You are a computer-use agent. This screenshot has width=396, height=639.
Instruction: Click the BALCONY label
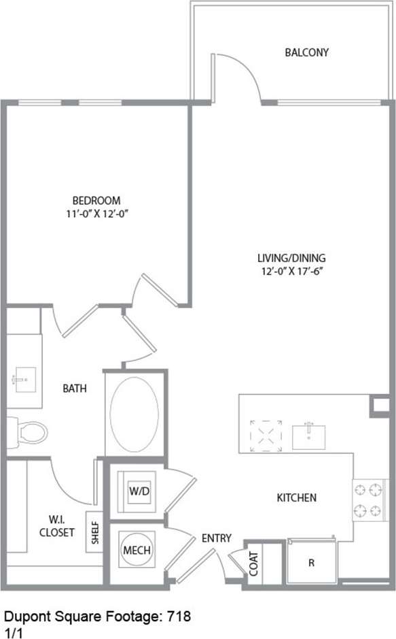point(307,52)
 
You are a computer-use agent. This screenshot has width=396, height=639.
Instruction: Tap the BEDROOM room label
point(96,200)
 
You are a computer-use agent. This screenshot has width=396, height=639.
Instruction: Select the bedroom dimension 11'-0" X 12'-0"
point(96,213)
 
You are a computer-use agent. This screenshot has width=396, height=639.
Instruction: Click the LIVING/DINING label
point(291,258)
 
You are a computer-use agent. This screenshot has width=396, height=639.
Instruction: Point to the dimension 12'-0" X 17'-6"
point(291,271)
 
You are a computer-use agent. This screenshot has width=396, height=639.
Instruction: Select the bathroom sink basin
point(24,380)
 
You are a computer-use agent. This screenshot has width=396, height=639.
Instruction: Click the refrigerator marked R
point(311,562)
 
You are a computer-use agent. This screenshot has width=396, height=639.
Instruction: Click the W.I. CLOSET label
point(56,526)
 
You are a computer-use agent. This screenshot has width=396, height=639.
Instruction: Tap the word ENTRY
point(217,538)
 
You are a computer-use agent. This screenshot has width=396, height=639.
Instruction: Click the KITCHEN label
point(296,497)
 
